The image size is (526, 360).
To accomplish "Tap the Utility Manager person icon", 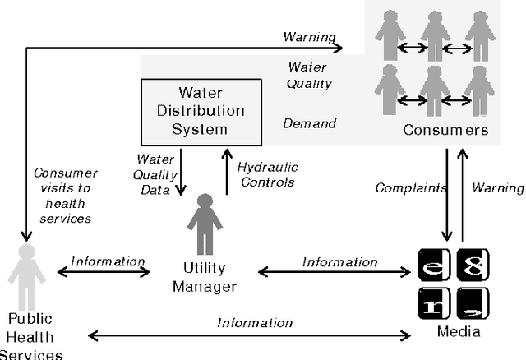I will coord(205,224).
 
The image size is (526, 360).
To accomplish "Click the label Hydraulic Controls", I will coord(267,174).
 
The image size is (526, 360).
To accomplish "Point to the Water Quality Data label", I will coord(155,174).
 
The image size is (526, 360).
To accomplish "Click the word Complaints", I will coord(411,187).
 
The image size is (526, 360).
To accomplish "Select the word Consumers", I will coord(445,131).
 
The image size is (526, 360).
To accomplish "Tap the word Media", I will coord(459,331).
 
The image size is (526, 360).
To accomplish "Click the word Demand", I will coord(310,123).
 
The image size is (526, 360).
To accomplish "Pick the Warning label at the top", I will coord(309,36).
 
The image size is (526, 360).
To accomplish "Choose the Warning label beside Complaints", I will coord(497,187).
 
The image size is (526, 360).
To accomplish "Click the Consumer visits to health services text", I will coord(65,196).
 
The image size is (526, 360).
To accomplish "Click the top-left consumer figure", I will coord(390,37).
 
